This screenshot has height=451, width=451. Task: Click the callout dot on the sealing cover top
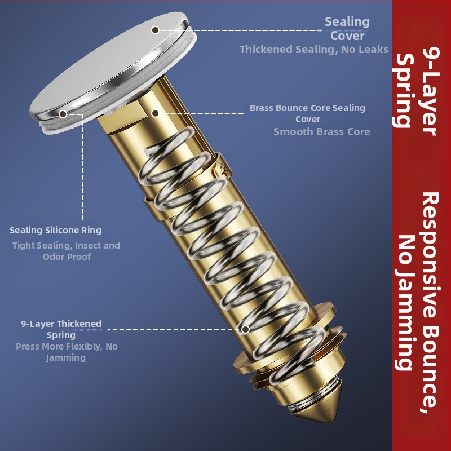(156, 30)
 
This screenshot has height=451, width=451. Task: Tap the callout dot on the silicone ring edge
(63, 114)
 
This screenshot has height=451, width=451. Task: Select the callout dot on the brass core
(155, 113)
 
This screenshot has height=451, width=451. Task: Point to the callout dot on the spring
(245, 329)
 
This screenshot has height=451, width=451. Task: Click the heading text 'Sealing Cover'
(347, 29)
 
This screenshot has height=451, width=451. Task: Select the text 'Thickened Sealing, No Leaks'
(314, 49)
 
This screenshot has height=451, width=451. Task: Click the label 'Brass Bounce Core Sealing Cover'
(307, 113)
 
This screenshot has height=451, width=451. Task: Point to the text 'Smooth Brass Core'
(321, 132)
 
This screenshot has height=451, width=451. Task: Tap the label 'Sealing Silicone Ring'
(55, 230)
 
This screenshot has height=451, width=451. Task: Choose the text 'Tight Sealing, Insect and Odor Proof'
(66, 251)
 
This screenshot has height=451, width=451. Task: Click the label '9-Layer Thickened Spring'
(61, 329)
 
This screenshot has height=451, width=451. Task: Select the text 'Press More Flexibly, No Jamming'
(67, 352)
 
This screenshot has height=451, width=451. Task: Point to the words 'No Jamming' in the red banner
(405, 302)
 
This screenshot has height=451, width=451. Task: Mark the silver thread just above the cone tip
(299, 404)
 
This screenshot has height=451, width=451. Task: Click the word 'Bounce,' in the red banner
(431, 369)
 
